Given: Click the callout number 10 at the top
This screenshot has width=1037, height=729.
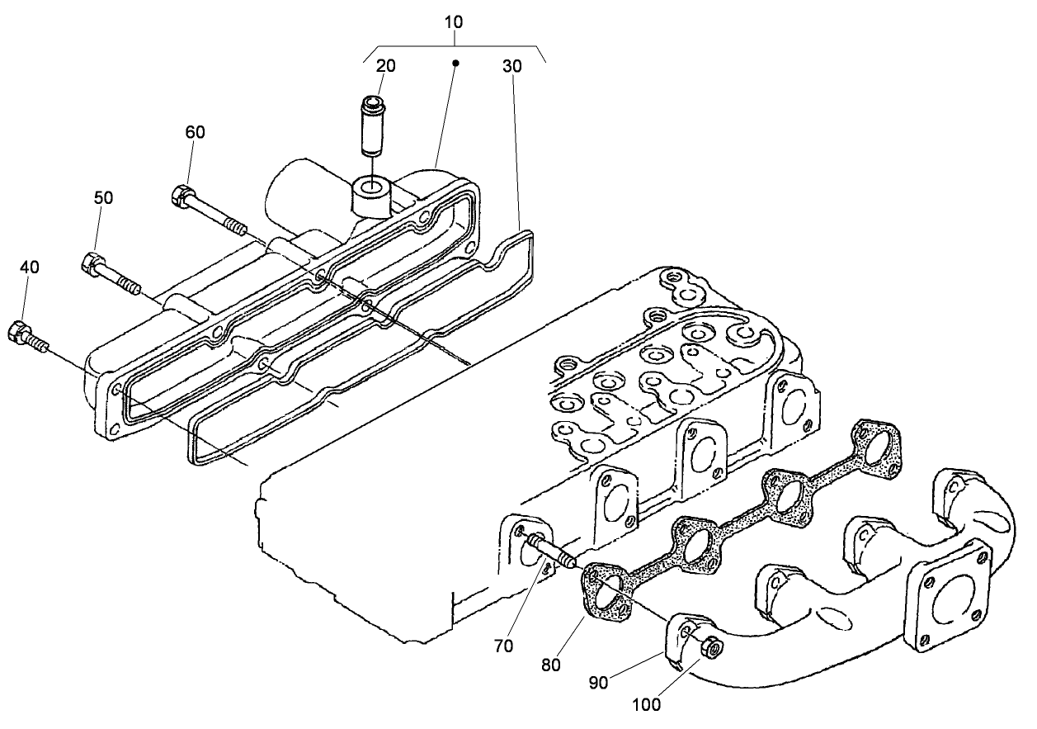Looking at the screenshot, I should pyautogui.click(x=453, y=21).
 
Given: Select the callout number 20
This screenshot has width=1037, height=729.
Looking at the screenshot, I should pyautogui.click(x=385, y=66).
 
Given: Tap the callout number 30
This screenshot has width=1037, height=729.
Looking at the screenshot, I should pyautogui.click(x=511, y=66).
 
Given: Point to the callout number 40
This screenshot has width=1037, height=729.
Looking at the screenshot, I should pyautogui.click(x=29, y=267).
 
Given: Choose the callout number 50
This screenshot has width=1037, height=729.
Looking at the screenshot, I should pyautogui.click(x=103, y=198).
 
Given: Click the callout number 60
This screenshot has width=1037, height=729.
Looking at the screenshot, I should pyautogui.click(x=195, y=132).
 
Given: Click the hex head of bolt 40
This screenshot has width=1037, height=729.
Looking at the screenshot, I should pyautogui.click(x=18, y=332).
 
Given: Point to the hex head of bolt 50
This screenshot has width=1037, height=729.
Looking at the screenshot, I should pyautogui.click(x=91, y=264).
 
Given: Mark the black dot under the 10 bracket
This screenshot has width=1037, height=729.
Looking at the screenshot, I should pyautogui.click(x=454, y=62).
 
